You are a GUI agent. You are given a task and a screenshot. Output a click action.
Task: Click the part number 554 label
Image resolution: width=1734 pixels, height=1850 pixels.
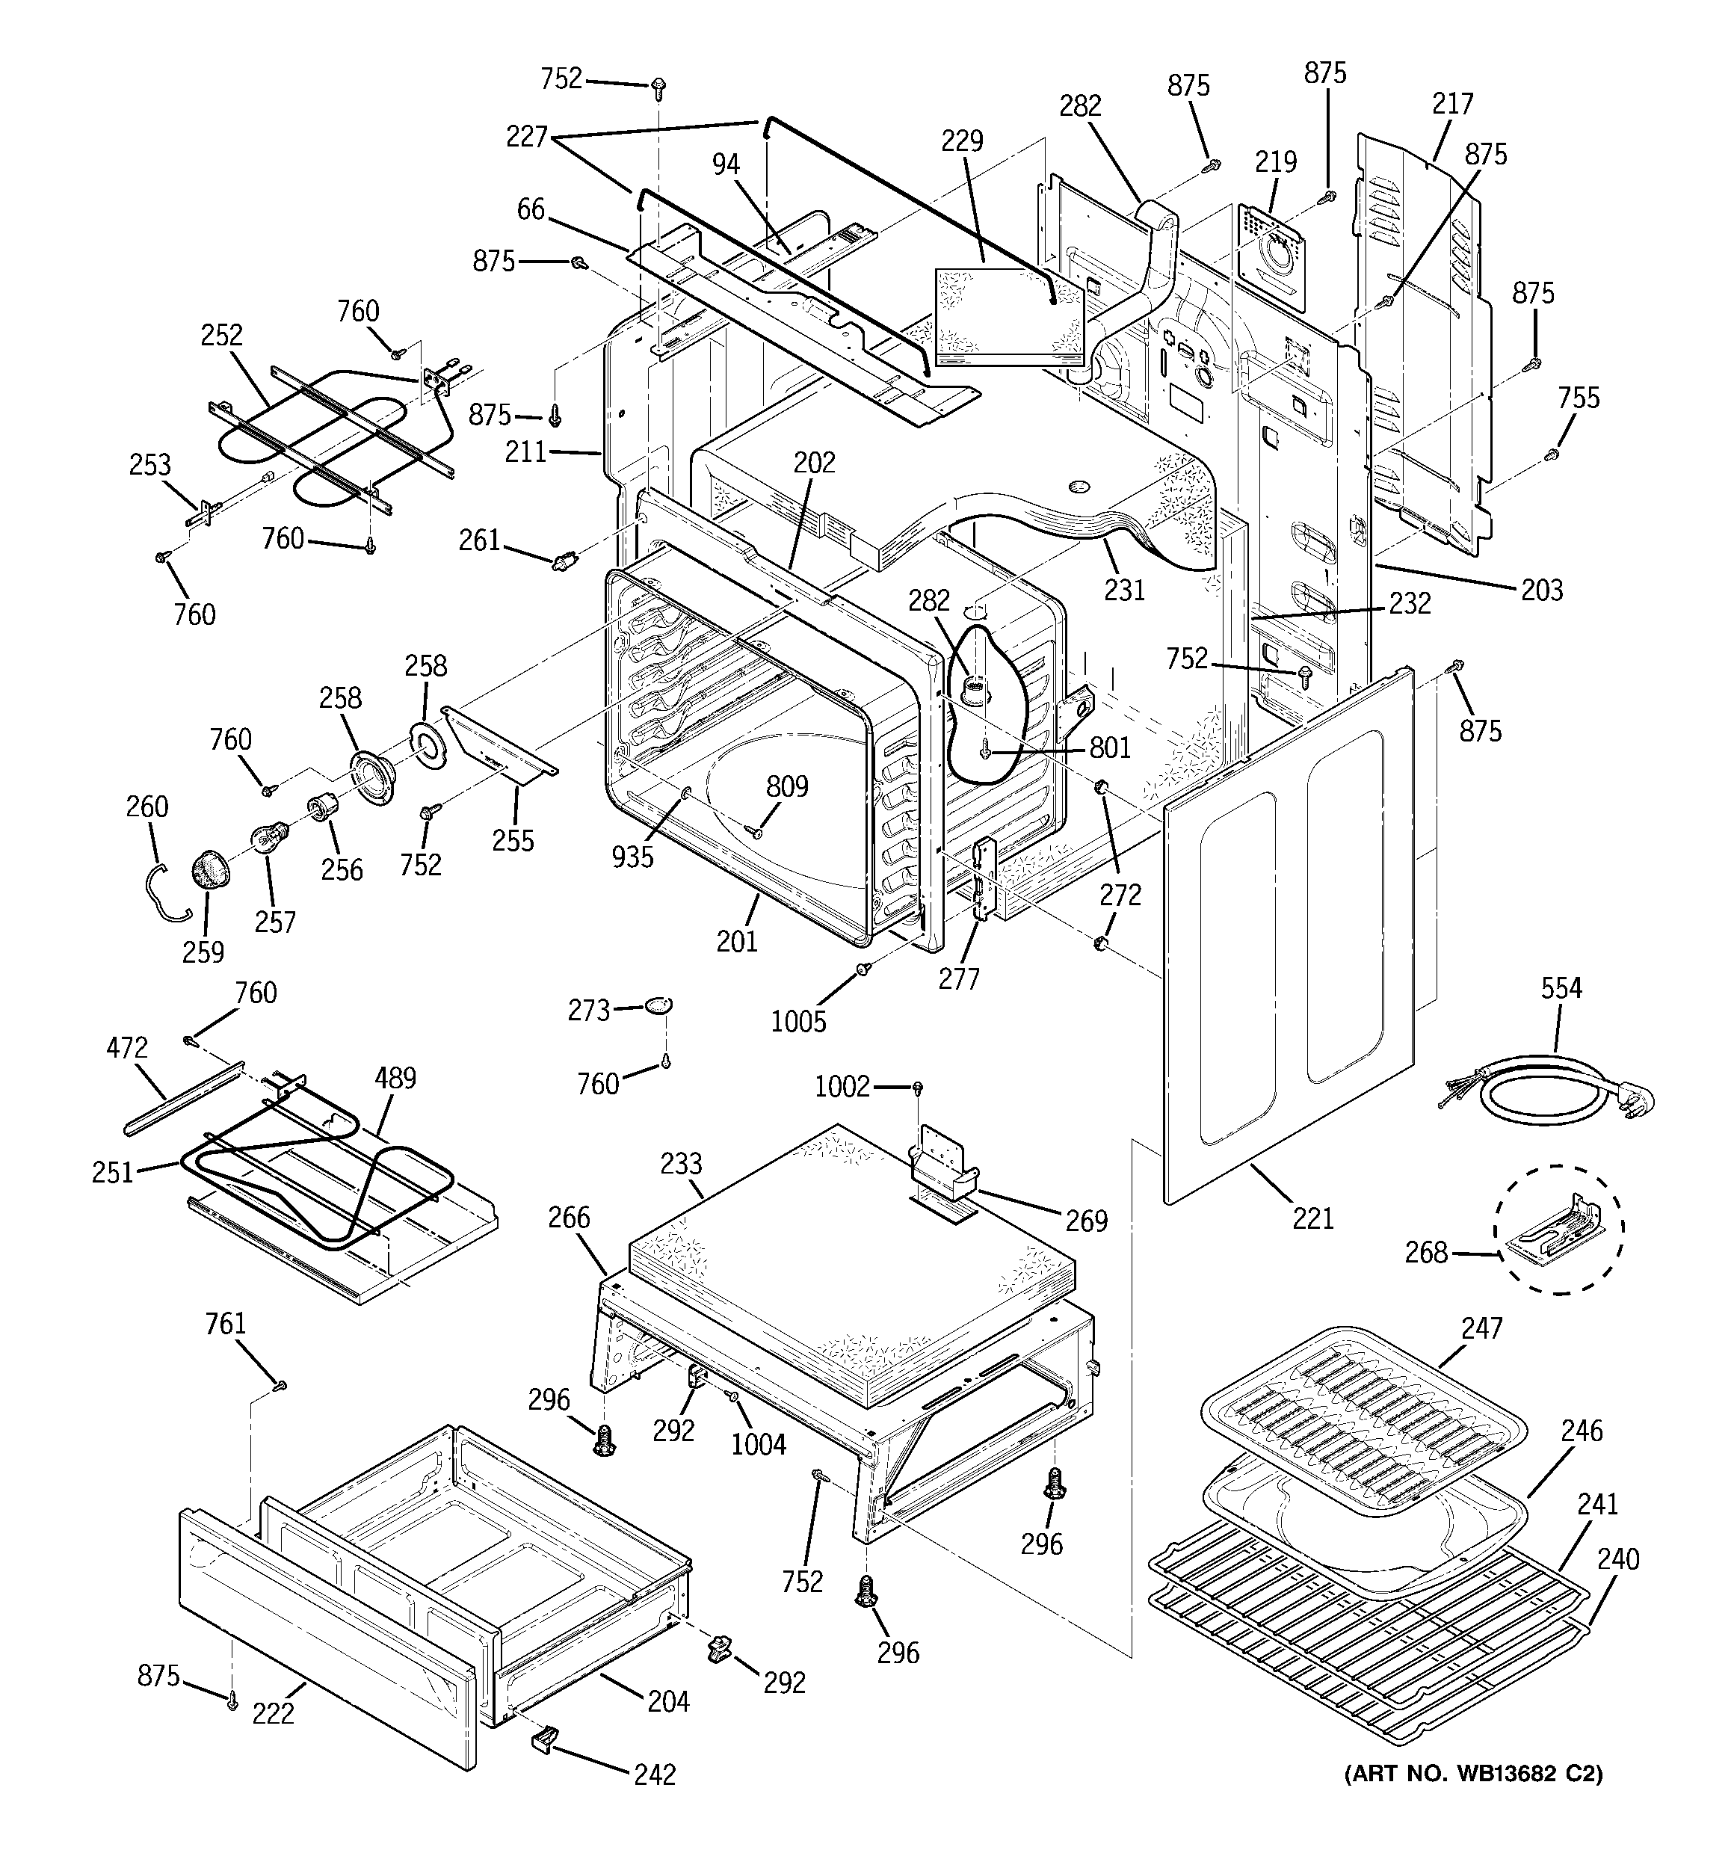[1561, 987]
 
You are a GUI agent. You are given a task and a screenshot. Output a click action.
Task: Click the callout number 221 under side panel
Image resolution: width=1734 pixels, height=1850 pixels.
[1312, 1217]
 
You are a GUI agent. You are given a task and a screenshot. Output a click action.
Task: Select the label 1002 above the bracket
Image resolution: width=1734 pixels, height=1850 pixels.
[842, 1086]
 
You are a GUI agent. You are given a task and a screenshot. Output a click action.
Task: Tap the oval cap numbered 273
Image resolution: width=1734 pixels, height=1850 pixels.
[657, 1006]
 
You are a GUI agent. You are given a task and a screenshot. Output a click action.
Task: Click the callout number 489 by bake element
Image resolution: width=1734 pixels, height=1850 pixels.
[395, 1078]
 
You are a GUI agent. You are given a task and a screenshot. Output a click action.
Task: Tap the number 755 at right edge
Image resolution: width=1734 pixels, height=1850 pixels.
[1579, 398]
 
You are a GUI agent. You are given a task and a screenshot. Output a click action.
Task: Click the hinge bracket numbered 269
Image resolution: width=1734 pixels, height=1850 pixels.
[945, 1162]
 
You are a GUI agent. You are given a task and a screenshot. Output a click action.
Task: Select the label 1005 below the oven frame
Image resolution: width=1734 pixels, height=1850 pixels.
[798, 1021]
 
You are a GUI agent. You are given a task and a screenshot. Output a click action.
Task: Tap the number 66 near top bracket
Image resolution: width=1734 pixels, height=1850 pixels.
[531, 209]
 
